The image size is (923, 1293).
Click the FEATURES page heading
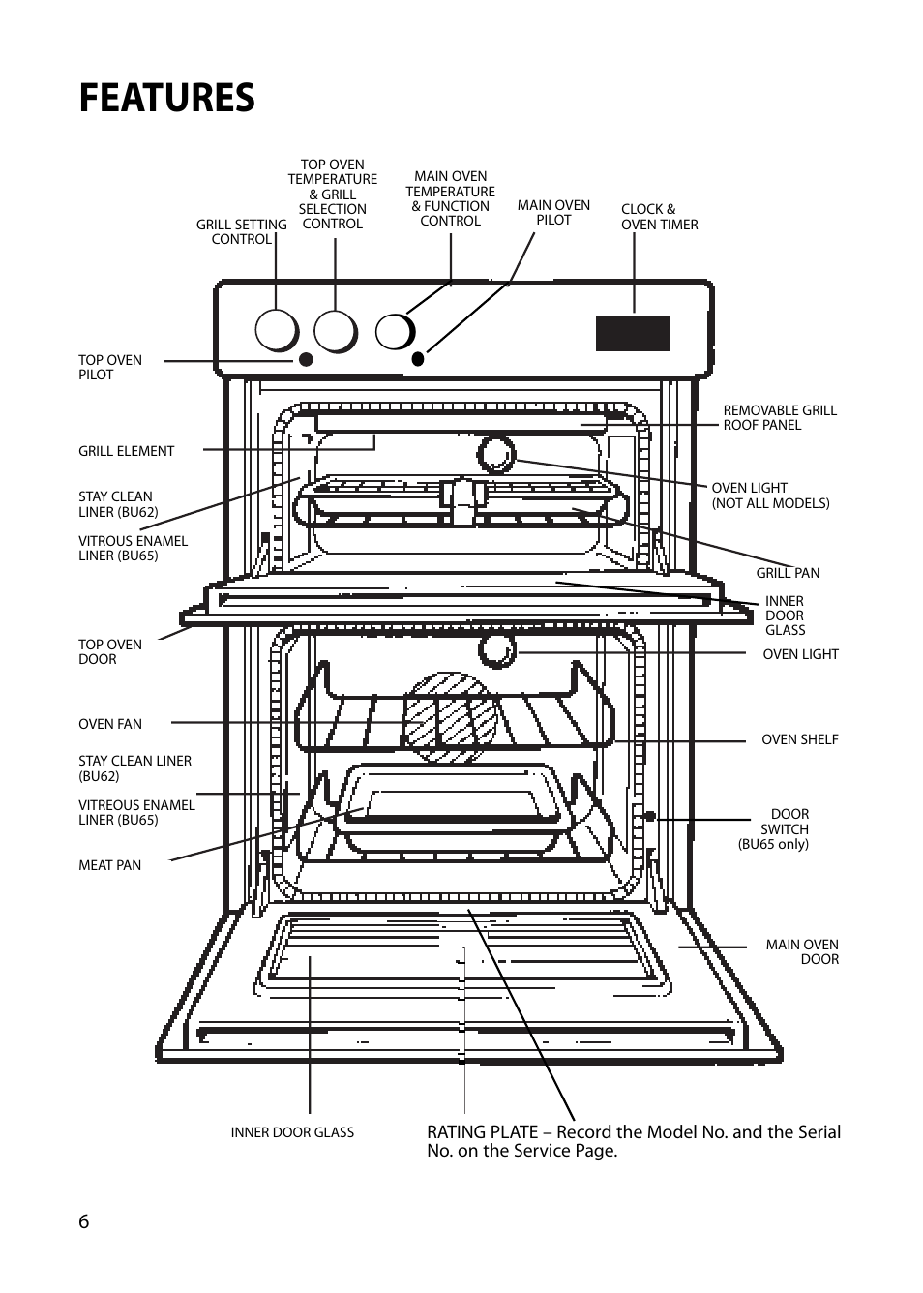166,99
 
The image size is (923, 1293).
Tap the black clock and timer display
632,333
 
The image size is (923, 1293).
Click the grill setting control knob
277,331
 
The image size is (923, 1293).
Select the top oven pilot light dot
306,359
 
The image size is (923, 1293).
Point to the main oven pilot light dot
418,359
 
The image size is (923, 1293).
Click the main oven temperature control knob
395,332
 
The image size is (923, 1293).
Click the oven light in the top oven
496,453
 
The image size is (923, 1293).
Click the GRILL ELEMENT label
126,451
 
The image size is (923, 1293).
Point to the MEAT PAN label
109,865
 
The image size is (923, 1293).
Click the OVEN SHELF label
799,739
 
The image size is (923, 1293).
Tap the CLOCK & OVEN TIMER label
659,217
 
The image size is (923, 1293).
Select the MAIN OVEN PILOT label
553,212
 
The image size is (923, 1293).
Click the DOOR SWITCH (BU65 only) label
774,829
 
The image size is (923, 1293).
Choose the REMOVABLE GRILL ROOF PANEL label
779,417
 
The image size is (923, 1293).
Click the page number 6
84,1221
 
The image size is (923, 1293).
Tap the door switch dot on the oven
650,816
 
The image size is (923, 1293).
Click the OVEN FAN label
109,724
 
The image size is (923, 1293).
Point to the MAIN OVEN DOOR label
802,951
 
